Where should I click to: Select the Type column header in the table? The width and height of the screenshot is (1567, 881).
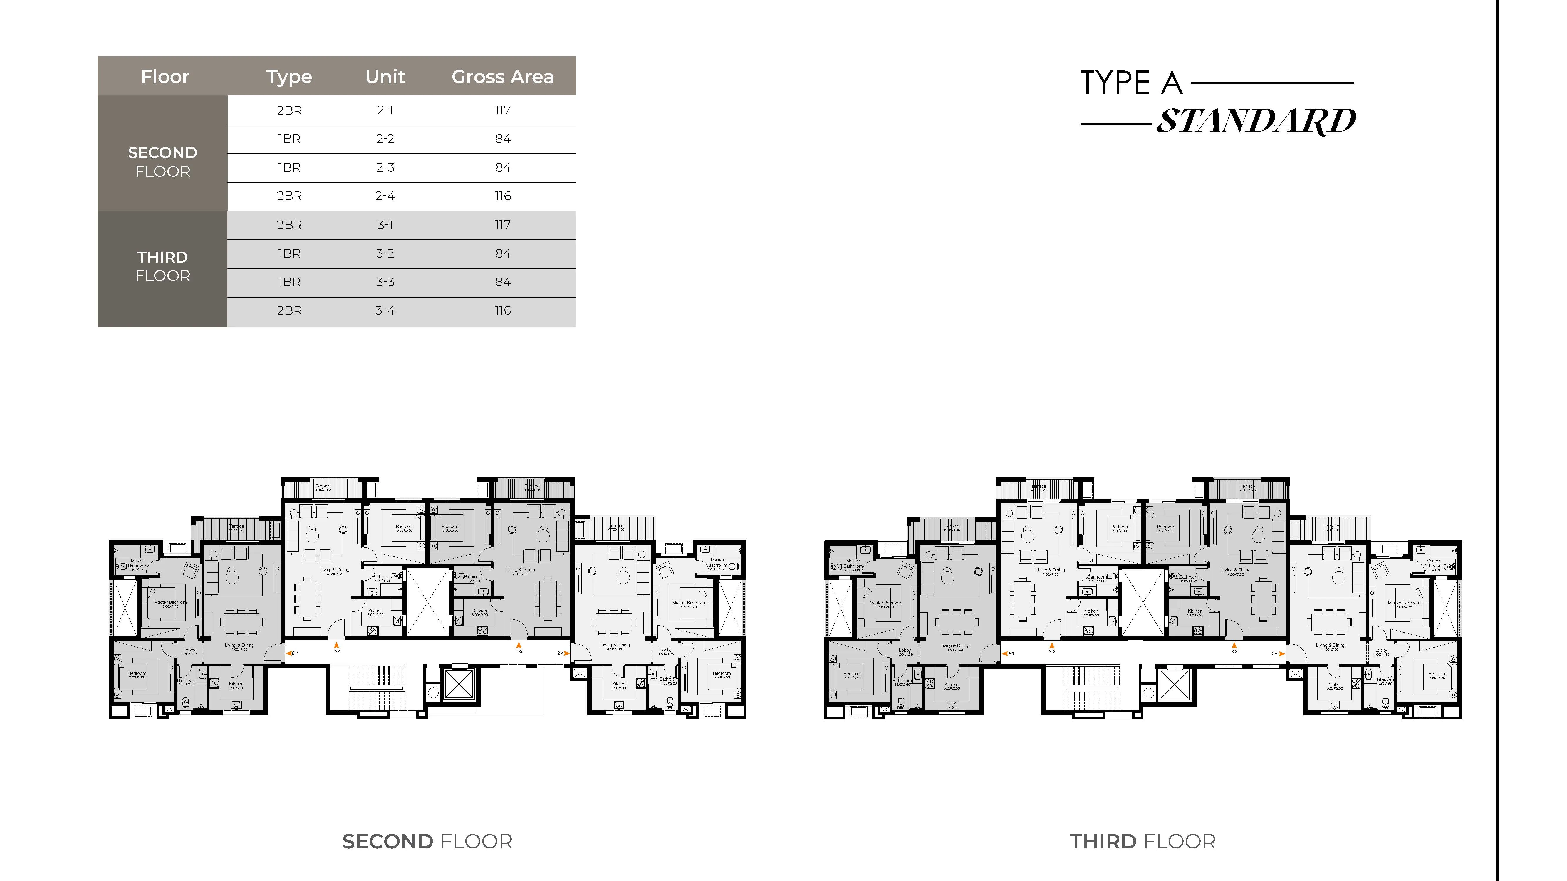[x=289, y=77]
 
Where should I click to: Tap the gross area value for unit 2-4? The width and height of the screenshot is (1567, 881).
[x=502, y=196]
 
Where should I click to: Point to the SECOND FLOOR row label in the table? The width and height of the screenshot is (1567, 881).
[x=162, y=162]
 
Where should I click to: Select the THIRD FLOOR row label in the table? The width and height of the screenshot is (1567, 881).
[x=162, y=266]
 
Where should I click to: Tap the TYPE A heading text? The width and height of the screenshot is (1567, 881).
[x=1131, y=83]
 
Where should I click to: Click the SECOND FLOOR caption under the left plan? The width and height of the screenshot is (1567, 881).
[x=427, y=841]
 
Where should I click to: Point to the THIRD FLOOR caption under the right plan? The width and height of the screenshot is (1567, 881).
[x=1142, y=841]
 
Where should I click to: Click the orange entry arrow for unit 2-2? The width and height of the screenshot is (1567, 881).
[x=336, y=645]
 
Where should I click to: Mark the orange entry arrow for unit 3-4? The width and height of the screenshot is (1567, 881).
[x=1282, y=654]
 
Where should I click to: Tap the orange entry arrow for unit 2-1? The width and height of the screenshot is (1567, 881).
[x=288, y=654]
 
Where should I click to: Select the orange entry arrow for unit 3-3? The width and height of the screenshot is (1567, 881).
[x=1234, y=645]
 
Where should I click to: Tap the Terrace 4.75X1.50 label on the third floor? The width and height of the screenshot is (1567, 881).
[x=1332, y=528]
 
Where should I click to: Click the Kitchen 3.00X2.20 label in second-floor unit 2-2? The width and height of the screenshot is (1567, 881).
[x=375, y=612]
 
